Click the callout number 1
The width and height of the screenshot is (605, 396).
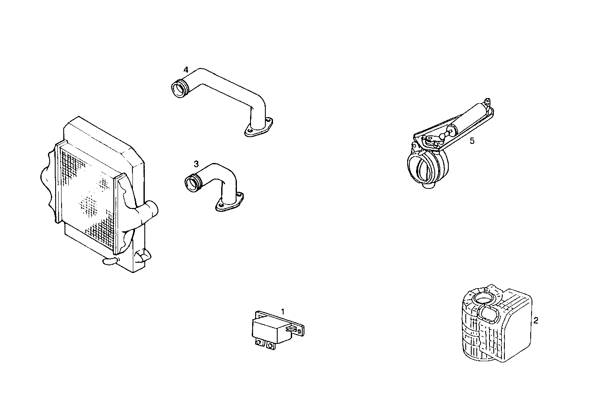[283, 312]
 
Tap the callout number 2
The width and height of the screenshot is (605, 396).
[535, 320]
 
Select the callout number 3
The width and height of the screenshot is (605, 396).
[196, 163]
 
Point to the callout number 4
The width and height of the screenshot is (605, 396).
[186, 69]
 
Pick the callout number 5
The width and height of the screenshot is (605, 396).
[472, 141]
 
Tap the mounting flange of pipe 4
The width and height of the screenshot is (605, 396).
[258, 129]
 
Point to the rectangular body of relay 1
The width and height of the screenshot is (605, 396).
[269, 329]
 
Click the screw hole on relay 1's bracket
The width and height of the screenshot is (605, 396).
[301, 329]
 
